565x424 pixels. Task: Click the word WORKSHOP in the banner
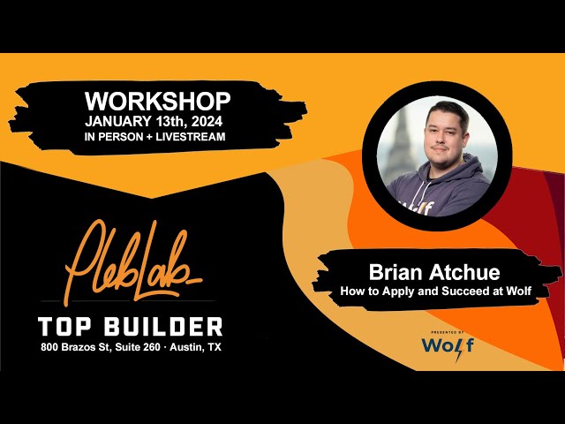[158, 101]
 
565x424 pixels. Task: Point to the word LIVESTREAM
[193, 136]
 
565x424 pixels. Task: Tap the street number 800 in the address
[50, 347]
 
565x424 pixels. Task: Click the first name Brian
[394, 273]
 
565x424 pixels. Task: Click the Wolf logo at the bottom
[447, 345]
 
